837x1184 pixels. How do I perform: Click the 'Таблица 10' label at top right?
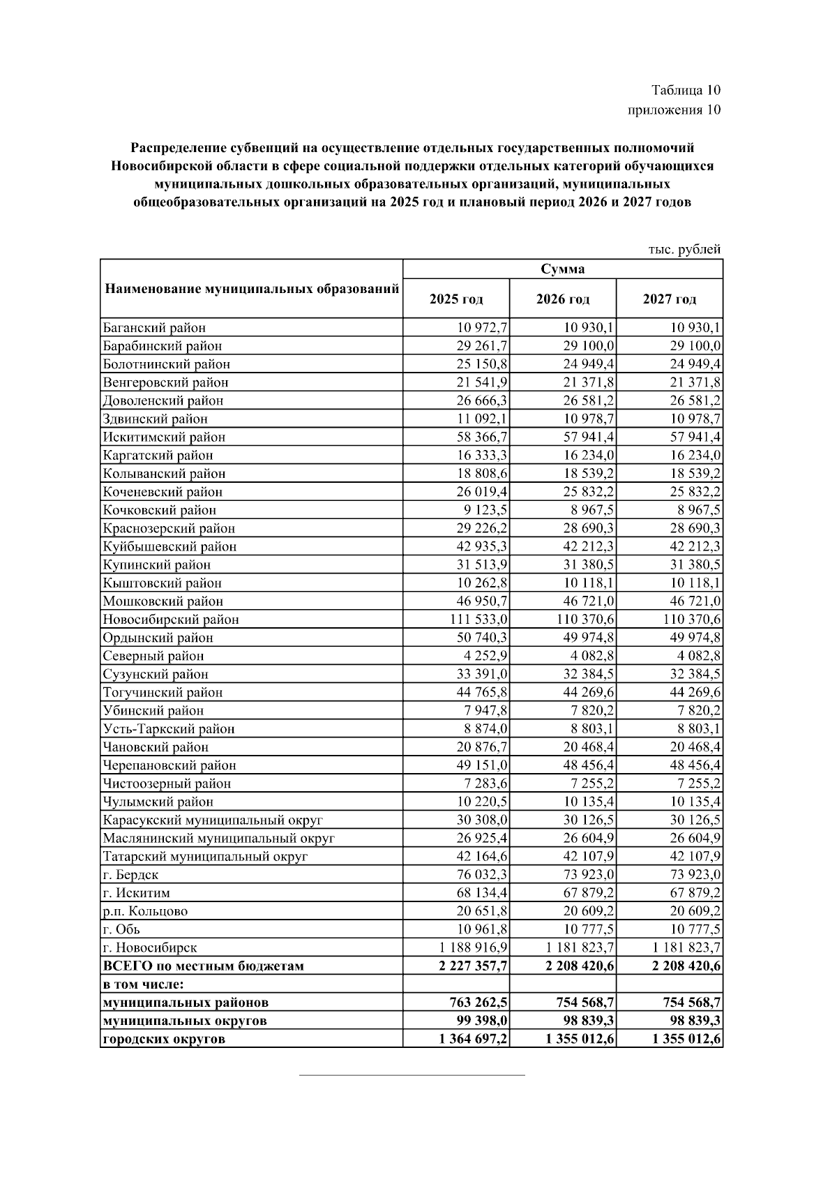click(685, 90)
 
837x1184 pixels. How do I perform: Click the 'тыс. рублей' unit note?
click(684, 249)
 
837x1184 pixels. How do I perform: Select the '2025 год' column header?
click(456, 299)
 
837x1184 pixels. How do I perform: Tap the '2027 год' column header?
click(669, 299)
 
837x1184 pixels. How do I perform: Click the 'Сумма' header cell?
click(562, 269)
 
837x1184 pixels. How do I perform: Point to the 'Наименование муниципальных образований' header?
click(251, 289)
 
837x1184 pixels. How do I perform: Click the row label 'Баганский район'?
click(154, 328)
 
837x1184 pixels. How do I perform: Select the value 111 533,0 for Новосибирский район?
click(474, 620)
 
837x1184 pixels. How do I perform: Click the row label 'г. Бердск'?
click(130, 875)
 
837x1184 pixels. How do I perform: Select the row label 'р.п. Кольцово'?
click(145, 911)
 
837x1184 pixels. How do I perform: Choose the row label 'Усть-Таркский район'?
click(169, 729)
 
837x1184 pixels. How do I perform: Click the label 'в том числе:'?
click(143, 984)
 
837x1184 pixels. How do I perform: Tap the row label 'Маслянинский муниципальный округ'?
click(218, 838)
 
